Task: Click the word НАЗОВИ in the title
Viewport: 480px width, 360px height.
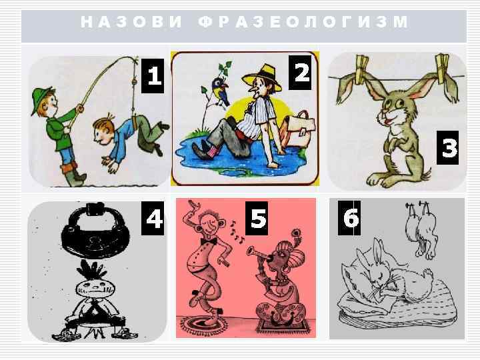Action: (x=131, y=22)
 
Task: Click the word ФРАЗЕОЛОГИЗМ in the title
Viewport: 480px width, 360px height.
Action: (x=303, y=22)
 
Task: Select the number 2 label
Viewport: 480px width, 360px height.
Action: (x=302, y=72)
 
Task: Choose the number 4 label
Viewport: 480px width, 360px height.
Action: (x=154, y=219)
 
